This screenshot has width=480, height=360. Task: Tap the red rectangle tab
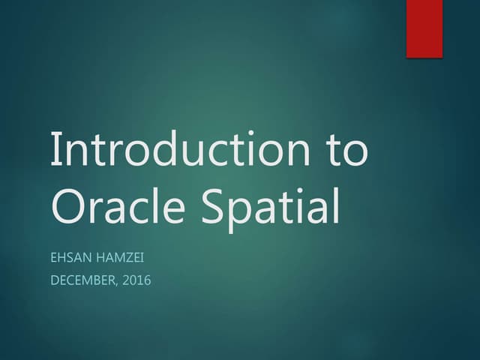coord(424,28)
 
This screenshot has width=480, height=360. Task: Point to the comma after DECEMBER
coord(119,286)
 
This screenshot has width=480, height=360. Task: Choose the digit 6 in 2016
coord(147,281)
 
